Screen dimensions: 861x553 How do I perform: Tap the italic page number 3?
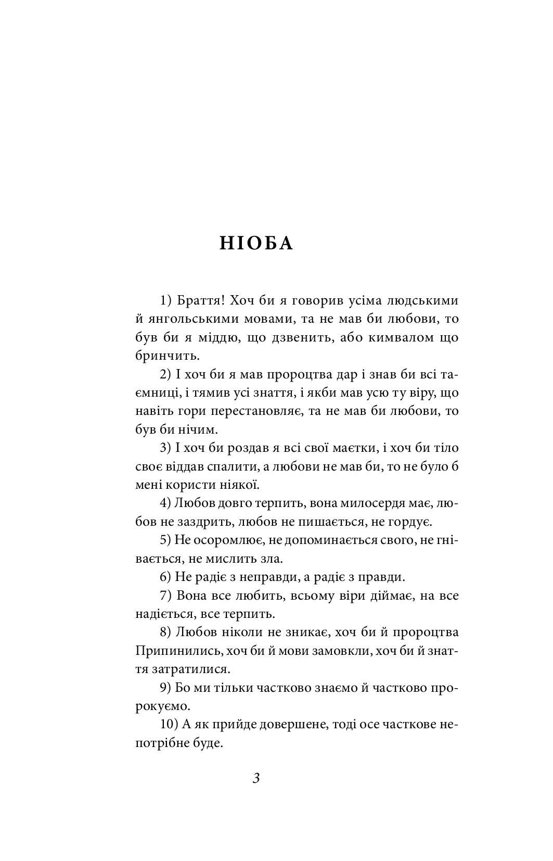point(256,779)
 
